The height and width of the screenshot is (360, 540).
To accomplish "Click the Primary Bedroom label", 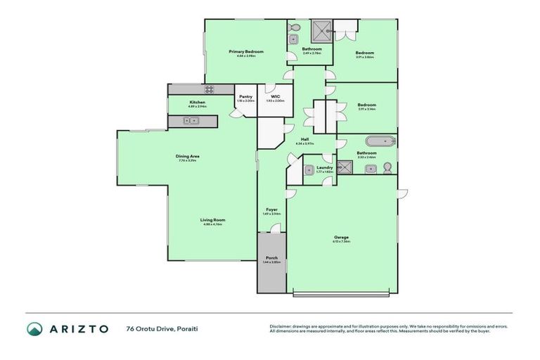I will point(245,52).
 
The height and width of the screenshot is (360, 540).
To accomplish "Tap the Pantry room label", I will point(245,96).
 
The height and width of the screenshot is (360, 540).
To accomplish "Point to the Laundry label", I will point(324,167).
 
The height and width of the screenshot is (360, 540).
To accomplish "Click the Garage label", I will point(341,237).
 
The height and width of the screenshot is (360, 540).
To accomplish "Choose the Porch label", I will point(271,259).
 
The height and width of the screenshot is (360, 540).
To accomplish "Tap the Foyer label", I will point(271,209).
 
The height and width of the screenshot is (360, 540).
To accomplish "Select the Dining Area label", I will point(188,156).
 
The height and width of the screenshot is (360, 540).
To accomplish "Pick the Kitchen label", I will point(197,103).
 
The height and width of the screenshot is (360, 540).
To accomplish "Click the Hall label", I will point(304,139).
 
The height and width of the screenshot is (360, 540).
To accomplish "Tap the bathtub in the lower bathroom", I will point(383,141).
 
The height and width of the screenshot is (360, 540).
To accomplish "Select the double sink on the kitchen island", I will point(191,121).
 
